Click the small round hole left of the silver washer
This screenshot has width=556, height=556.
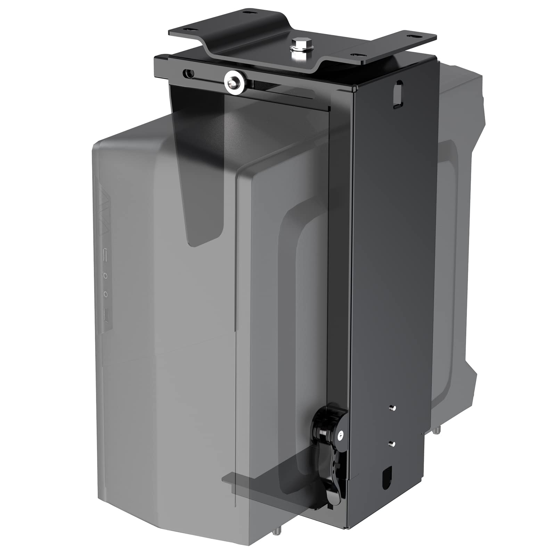click(x=189, y=73)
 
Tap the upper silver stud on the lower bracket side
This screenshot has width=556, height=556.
click(x=392, y=407)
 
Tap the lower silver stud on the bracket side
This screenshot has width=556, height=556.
click(x=392, y=443)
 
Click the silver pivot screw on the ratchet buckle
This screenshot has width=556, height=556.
click(x=341, y=434)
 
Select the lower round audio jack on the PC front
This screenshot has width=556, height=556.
click(x=106, y=294)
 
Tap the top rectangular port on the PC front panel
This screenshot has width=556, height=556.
click(x=106, y=251)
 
